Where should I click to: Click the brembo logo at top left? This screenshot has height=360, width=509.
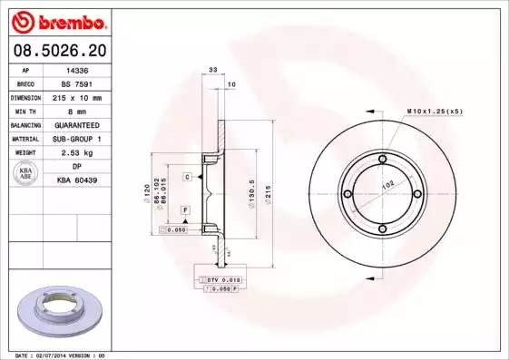coord(56,21)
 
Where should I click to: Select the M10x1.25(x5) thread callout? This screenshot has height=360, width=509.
coord(435,111)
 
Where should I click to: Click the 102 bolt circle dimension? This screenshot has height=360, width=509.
coord(387,184)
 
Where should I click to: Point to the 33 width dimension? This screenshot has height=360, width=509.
coord(212,69)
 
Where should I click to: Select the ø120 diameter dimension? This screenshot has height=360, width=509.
coord(146,194)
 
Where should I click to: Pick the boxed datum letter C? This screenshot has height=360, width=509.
coord(186,176)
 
